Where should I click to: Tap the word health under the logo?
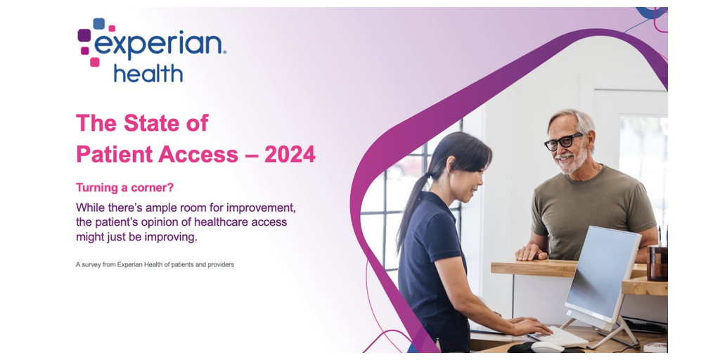point(148,73)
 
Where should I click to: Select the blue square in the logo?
point(98,23)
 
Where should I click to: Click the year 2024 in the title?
point(290,155)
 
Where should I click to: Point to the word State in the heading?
point(150,123)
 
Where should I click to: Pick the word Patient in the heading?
point(114,155)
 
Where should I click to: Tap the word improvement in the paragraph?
point(263,208)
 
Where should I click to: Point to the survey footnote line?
point(155,264)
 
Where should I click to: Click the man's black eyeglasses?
point(563,141)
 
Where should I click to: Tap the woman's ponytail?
point(410,209)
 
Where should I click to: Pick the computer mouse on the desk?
point(547,347)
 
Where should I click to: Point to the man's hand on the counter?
point(532,252)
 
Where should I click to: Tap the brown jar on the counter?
point(657,263)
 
